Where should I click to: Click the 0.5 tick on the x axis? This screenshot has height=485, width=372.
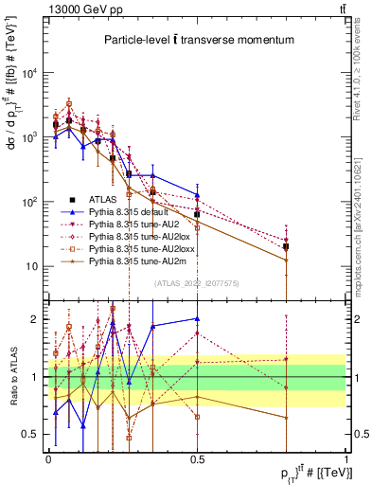pyautogui.click(x=197, y=458)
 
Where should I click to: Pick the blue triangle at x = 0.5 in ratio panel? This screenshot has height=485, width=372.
pyautogui.click(x=197, y=319)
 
